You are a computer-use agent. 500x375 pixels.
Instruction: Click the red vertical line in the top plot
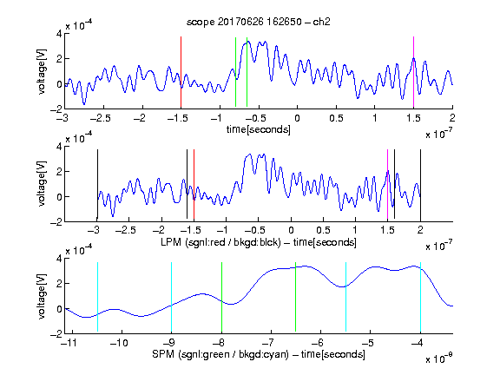181,72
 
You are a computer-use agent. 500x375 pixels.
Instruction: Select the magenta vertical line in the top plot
413,72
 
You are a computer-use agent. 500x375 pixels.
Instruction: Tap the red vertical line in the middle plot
194,185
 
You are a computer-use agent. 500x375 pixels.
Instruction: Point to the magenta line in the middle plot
387,185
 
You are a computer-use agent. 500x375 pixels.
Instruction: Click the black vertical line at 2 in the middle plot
420,185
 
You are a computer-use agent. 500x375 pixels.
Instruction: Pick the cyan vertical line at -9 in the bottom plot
171,297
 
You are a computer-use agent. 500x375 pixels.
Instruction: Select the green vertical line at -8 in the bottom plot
221,297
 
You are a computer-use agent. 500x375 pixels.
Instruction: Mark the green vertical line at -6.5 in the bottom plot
296,297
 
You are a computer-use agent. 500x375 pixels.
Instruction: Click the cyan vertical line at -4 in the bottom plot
420,297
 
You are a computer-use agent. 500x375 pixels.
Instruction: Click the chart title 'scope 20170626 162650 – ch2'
259,22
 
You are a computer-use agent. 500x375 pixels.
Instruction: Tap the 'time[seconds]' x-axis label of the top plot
259,129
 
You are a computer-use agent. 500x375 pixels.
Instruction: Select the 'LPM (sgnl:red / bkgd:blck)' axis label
220,242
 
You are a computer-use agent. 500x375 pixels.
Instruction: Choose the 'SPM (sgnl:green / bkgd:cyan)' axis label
220,354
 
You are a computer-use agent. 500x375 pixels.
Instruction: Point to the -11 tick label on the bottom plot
69,343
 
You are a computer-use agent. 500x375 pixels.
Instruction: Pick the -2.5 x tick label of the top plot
100,118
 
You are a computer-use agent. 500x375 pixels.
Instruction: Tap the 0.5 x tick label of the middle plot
323,230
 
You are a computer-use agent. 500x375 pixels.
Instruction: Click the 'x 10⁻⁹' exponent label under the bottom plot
439,359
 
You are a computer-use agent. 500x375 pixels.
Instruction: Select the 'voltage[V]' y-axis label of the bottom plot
42,297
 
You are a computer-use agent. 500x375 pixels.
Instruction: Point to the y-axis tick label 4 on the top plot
59,34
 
